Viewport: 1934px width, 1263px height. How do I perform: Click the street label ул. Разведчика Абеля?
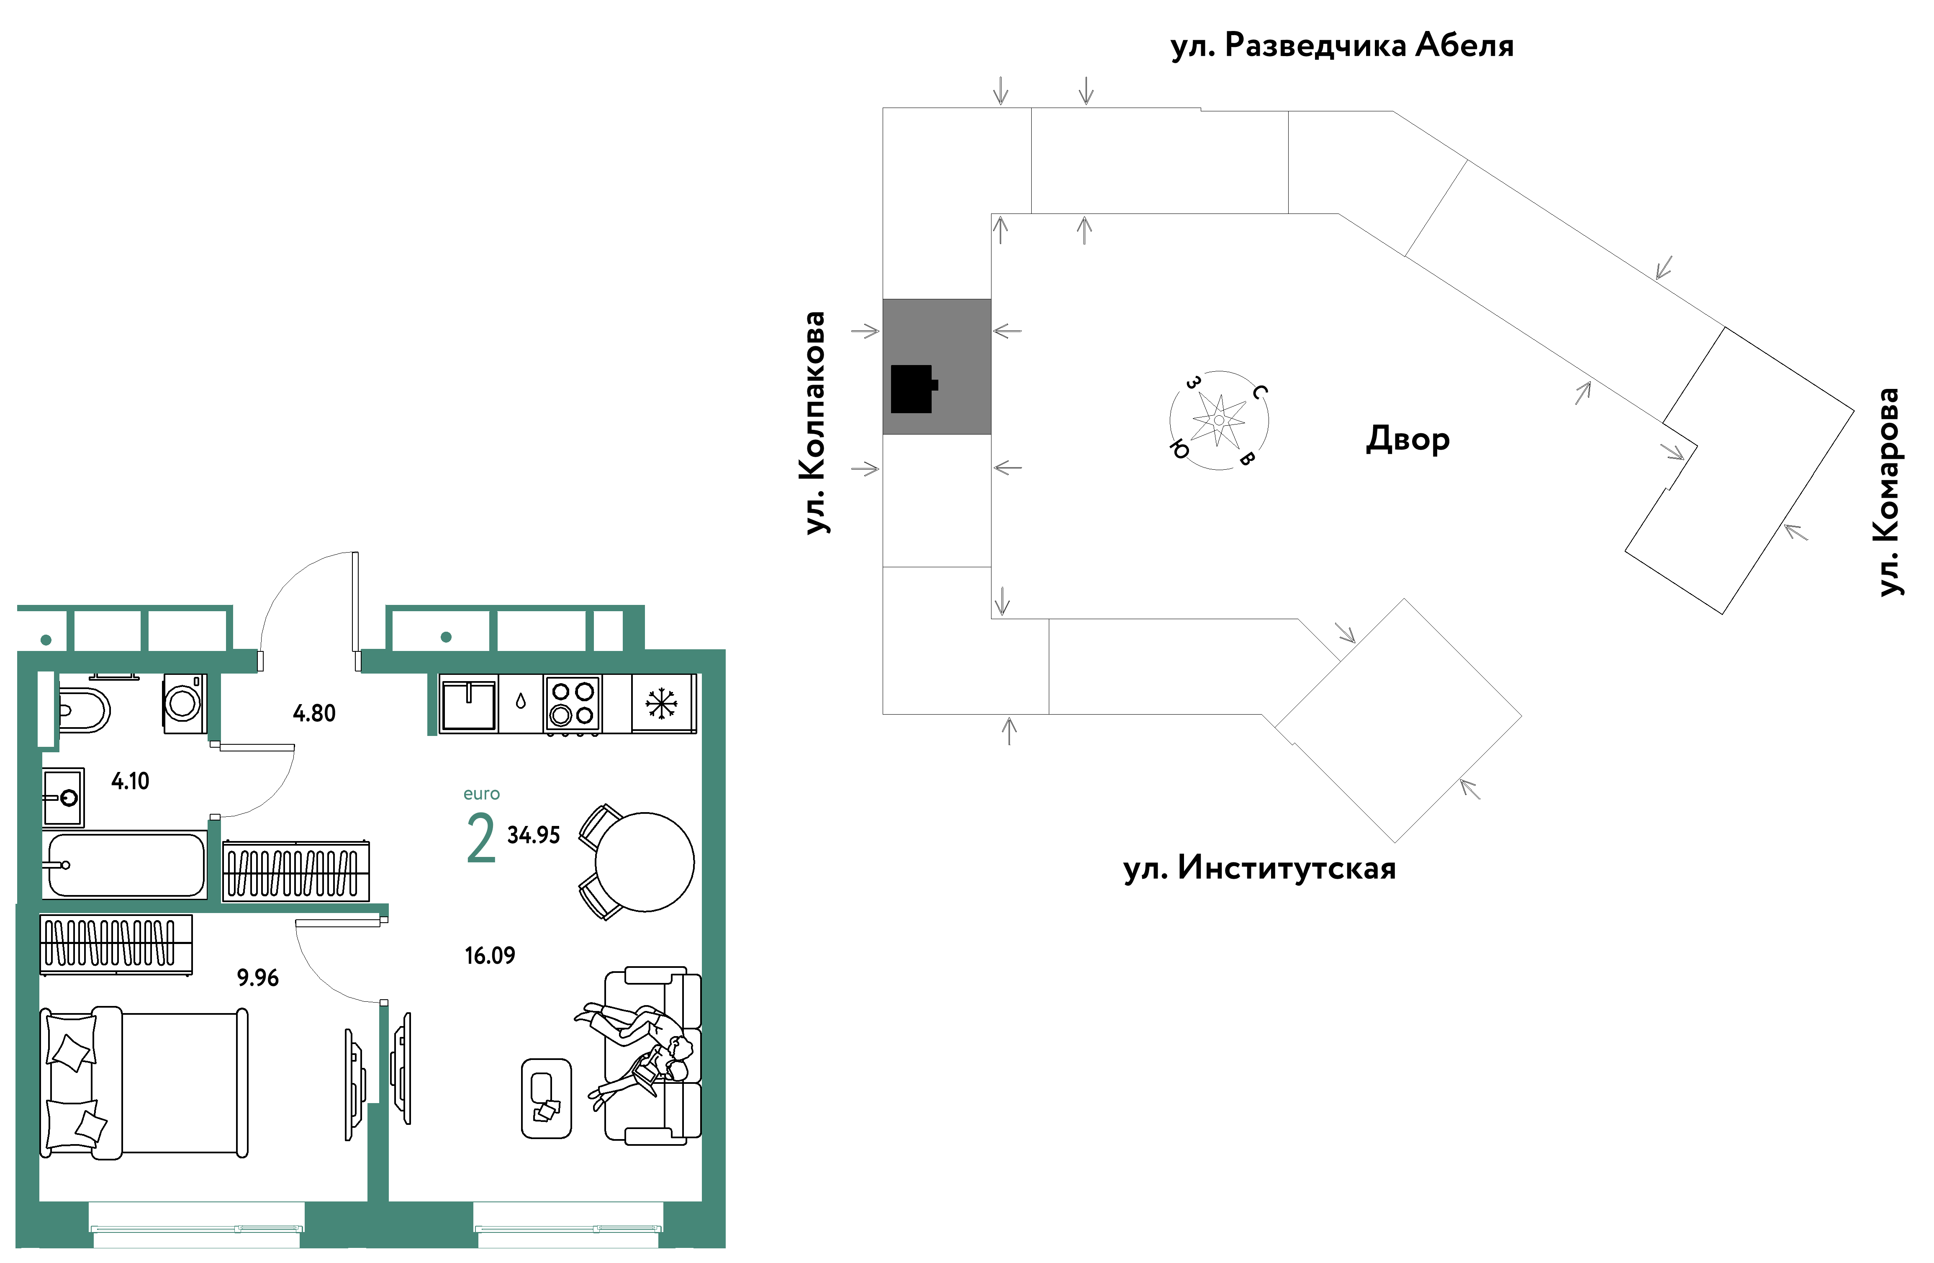click(x=1342, y=46)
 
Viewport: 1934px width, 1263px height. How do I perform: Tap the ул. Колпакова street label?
click(x=815, y=423)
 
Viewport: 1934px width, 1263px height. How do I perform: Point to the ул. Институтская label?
click(x=1259, y=868)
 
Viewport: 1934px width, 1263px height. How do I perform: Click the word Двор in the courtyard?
click(x=1407, y=439)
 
